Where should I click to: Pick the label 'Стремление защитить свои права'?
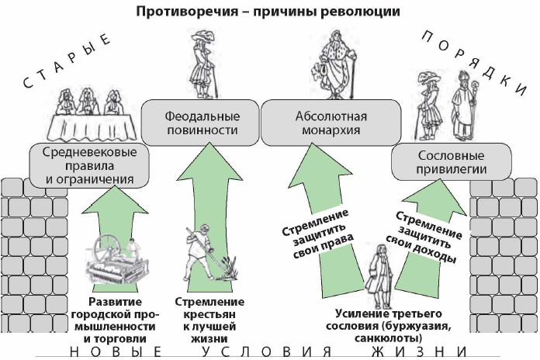coord(313,231)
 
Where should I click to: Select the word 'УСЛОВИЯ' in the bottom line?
coord(265,352)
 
